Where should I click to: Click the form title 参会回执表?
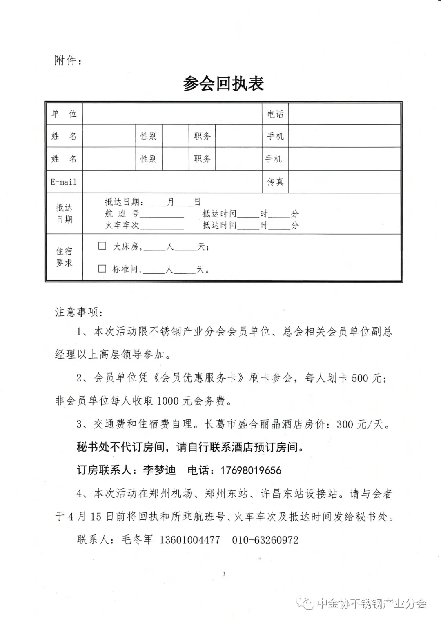(x=223, y=84)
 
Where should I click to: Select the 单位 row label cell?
(x=64, y=114)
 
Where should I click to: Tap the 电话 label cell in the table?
(x=275, y=114)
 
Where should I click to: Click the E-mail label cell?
(x=64, y=182)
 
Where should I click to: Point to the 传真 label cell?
(x=275, y=182)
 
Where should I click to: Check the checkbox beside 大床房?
(x=102, y=246)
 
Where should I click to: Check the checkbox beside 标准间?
(x=102, y=268)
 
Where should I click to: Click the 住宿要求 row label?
(x=64, y=257)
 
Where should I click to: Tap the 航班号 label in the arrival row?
(x=122, y=213)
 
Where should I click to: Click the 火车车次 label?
(x=122, y=225)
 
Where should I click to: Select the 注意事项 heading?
(x=79, y=312)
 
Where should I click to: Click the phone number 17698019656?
(x=251, y=470)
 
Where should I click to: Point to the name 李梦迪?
(x=159, y=470)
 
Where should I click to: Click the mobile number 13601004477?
(x=189, y=540)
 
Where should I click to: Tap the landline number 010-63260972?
(x=265, y=540)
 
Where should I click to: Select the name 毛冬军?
(x=137, y=540)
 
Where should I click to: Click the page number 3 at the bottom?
(x=223, y=574)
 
